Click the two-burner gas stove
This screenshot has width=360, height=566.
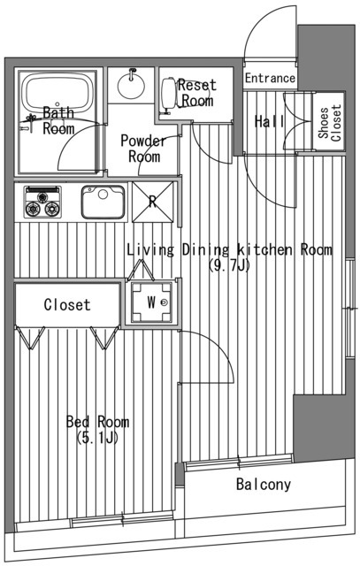tap(41, 202)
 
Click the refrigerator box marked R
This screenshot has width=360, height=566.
tap(152, 201)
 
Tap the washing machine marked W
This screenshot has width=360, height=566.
tap(151, 302)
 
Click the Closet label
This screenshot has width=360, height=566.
tap(67, 305)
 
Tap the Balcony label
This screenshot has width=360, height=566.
tap(263, 485)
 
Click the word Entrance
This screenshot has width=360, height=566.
tap(270, 78)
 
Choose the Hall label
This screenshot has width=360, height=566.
tap(268, 122)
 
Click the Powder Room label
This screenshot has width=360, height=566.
tap(140, 149)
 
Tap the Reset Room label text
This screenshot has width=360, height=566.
tap(196, 93)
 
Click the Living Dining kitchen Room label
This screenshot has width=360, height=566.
tap(229, 250)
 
